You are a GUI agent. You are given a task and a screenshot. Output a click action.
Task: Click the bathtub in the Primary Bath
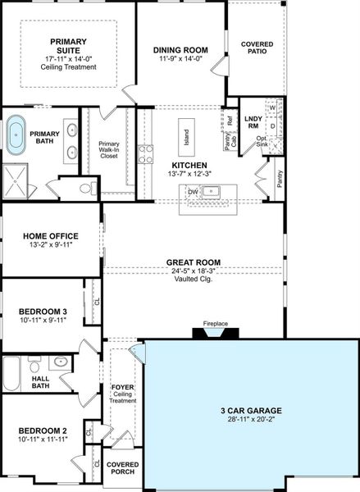point(16,135)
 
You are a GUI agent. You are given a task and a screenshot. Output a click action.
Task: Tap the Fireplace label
point(216,324)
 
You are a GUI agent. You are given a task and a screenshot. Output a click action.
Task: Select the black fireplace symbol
point(215,333)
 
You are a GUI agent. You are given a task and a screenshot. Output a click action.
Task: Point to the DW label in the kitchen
point(193,192)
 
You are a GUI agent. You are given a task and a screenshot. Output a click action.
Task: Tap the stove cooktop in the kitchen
point(145,155)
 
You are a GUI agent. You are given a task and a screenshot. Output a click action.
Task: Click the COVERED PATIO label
point(257,48)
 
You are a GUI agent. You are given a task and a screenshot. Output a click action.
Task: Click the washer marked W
point(271,107)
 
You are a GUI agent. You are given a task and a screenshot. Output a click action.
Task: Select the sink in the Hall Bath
point(60,362)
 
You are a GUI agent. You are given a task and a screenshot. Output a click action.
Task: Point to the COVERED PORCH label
point(123,469)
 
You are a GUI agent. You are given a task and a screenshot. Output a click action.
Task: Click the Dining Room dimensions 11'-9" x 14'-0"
point(180,59)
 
